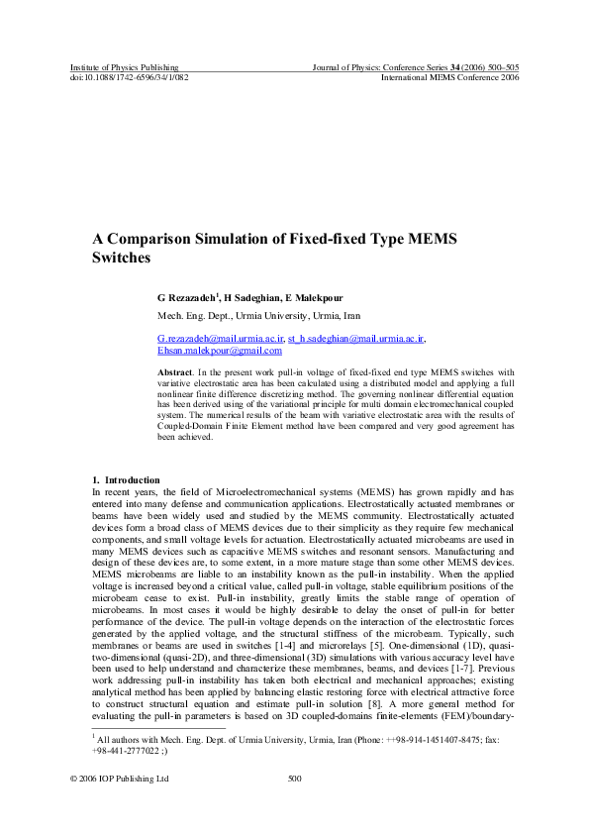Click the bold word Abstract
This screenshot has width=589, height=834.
click(x=175, y=370)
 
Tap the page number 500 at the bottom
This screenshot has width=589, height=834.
click(x=294, y=779)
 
